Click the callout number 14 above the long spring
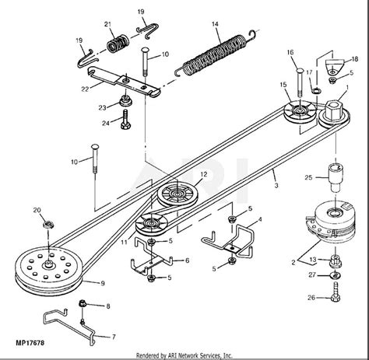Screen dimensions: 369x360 click(x=215, y=24)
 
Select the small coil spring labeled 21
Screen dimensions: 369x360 click(x=118, y=44)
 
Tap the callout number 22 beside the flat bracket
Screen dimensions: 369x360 click(x=85, y=89)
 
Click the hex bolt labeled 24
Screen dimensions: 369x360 click(x=125, y=119)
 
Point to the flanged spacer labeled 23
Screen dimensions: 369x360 click(x=126, y=101)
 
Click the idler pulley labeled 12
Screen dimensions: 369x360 click(x=177, y=194)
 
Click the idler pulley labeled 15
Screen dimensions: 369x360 click(x=300, y=112)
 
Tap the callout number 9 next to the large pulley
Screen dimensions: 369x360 click(x=103, y=283)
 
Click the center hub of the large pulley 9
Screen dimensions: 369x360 click(x=49, y=264)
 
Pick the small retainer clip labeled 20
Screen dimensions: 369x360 click(x=48, y=224)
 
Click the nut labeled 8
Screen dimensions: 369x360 click(x=83, y=303)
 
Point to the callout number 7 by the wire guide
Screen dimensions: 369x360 click(x=114, y=337)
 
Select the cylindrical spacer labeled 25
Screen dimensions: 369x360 click(x=336, y=177)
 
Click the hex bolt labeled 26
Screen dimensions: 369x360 click(x=336, y=292)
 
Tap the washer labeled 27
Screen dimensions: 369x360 click(x=336, y=275)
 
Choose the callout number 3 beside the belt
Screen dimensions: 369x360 click(x=276, y=186)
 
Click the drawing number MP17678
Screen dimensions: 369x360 click(x=30, y=343)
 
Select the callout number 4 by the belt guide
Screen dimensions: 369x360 click(x=260, y=220)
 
